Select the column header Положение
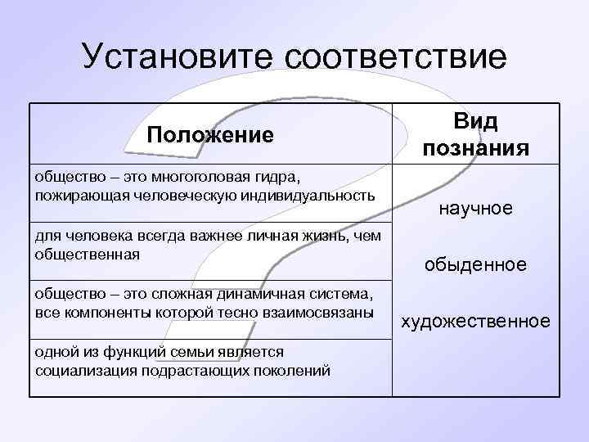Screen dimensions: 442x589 click(210, 134)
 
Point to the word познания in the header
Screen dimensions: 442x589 click(476, 148)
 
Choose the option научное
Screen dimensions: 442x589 click(476, 210)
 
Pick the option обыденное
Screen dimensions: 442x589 click(475, 265)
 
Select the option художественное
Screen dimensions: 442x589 click(475, 322)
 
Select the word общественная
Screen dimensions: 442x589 click(88, 255)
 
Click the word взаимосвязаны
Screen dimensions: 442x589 click(321, 313)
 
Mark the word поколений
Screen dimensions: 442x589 click(290, 370)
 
